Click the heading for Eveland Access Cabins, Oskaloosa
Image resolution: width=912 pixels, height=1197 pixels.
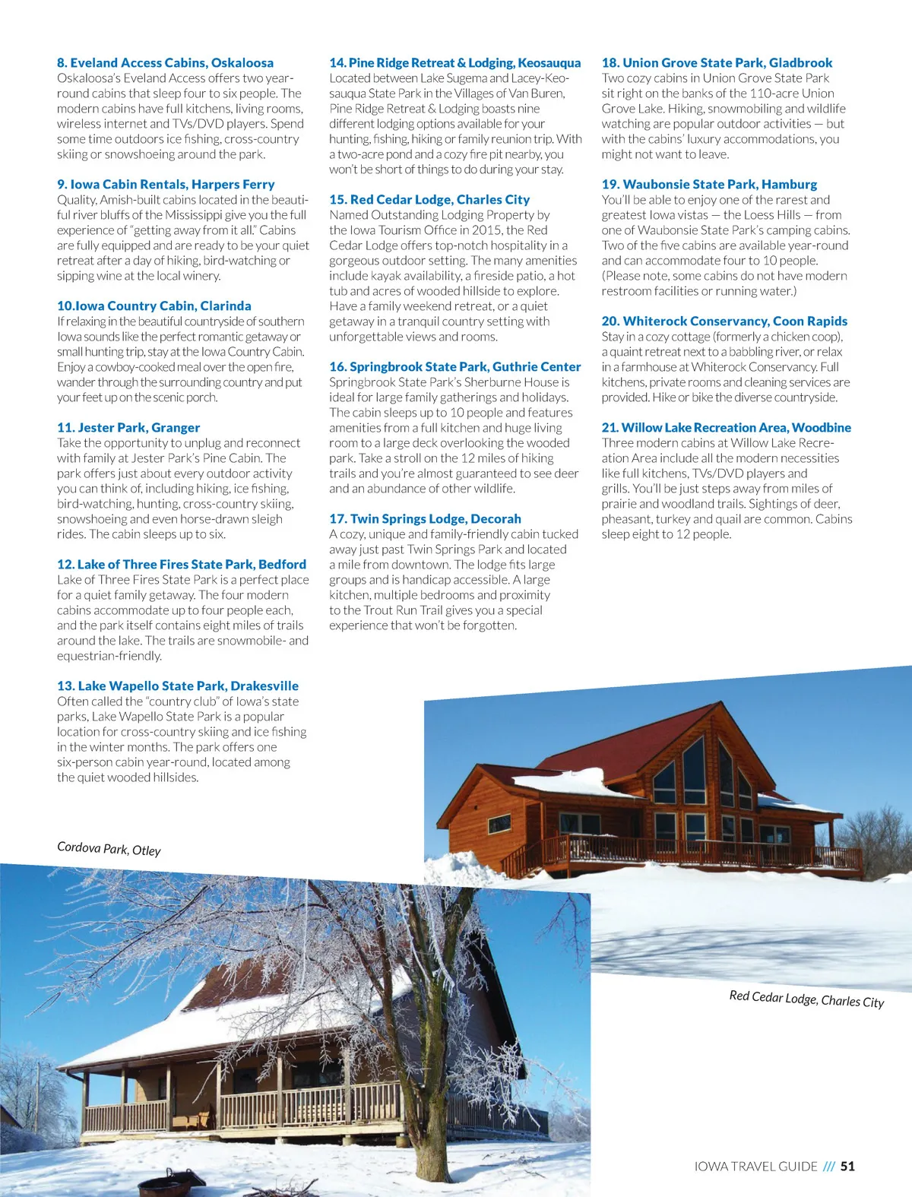(x=165, y=63)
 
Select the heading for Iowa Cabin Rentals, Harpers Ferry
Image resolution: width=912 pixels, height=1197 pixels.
(x=166, y=185)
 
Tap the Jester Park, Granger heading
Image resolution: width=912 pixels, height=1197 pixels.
(x=128, y=428)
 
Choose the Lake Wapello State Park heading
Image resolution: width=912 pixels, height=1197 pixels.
(x=178, y=686)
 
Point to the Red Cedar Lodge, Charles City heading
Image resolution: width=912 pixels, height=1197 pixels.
(x=429, y=200)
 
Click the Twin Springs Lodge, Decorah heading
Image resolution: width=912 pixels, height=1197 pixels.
(x=425, y=519)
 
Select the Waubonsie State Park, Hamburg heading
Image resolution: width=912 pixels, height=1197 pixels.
(x=709, y=185)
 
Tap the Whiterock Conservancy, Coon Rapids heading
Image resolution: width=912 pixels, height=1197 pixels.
(x=724, y=321)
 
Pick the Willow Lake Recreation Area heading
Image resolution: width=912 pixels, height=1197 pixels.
(x=726, y=428)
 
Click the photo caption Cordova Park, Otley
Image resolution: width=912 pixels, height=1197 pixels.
(x=109, y=849)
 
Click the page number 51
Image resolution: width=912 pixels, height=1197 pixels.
(x=847, y=1166)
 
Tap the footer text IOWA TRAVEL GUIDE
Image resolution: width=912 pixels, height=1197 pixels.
(x=755, y=1166)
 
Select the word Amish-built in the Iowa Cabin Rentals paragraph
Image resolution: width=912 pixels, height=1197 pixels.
(x=128, y=200)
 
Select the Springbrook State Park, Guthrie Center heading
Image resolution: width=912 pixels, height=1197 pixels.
(x=454, y=367)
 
